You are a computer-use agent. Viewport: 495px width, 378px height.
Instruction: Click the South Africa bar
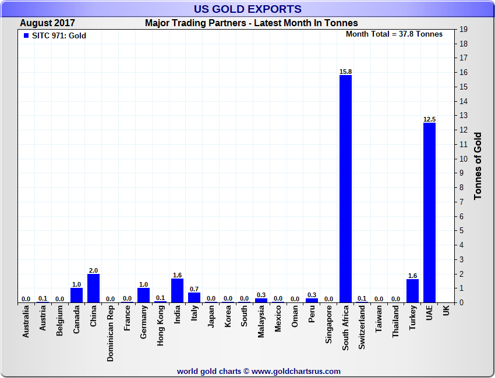pyautogui.click(x=345, y=189)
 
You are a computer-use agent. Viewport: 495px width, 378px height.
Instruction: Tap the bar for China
pyautogui.click(x=93, y=288)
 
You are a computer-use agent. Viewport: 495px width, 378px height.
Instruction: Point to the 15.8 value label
pyautogui.click(x=345, y=72)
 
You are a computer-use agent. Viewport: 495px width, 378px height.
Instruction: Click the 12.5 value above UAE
pyautogui.click(x=429, y=119)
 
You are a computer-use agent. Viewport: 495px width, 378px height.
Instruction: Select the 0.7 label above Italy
pyautogui.click(x=194, y=289)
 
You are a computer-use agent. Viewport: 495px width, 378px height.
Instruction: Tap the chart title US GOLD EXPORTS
pyautogui.click(x=248, y=9)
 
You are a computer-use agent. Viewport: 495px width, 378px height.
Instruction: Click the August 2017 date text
pyautogui.click(x=47, y=23)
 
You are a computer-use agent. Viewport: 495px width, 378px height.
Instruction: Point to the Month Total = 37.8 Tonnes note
pyautogui.click(x=394, y=34)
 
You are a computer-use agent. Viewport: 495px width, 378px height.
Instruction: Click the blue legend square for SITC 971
pyautogui.click(x=26, y=35)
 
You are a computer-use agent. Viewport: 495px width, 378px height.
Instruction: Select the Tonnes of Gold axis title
pyautogui.click(x=478, y=166)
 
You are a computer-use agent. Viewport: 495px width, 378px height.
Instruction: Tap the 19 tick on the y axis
pyautogui.click(x=464, y=29)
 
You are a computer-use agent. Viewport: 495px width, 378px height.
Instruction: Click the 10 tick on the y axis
pyautogui.click(x=464, y=159)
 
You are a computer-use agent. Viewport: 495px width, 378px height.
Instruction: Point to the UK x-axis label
pyautogui.click(x=446, y=312)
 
